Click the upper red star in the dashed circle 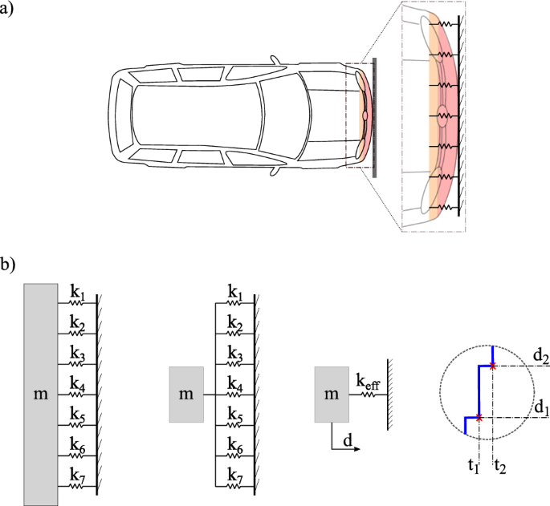click(493, 366)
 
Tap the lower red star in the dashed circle click(479, 418)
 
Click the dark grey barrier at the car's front click(374, 117)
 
